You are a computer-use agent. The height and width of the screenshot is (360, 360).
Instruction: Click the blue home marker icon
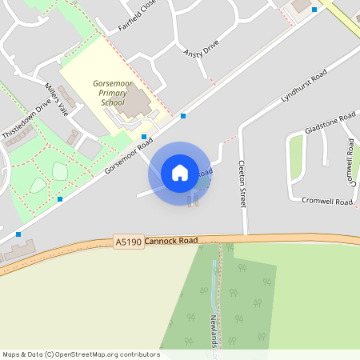click(x=180, y=173)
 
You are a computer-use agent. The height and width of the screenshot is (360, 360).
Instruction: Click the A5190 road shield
click(x=128, y=242)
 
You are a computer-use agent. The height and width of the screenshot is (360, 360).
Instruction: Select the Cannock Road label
click(x=171, y=240)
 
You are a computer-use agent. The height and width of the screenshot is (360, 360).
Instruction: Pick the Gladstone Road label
click(x=330, y=124)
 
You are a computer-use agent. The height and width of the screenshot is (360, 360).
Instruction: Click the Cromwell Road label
click(x=328, y=202)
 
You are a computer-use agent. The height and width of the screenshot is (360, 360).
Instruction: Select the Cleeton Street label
click(x=241, y=183)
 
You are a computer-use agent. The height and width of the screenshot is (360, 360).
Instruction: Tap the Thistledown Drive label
click(x=26, y=120)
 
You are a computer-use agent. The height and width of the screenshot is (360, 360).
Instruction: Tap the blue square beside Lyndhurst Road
click(x=183, y=116)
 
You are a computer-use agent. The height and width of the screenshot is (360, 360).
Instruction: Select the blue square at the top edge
click(x=314, y=10)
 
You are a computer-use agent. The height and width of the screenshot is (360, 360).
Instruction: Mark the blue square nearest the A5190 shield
click(x=18, y=234)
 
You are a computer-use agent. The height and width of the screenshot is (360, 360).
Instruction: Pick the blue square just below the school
click(x=143, y=137)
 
